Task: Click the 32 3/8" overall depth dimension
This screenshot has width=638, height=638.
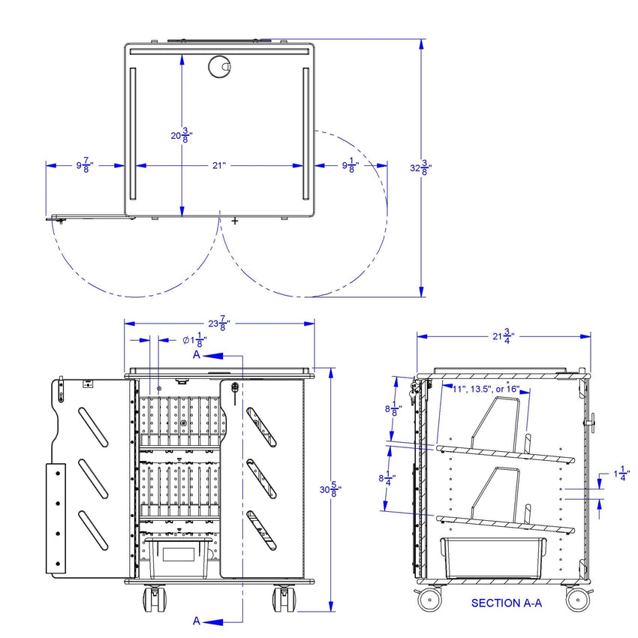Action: point(421,167)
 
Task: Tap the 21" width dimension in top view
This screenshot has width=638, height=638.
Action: point(218,166)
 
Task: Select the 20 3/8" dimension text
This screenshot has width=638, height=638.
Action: point(182,135)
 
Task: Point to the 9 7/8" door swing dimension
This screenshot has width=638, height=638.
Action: point(85,166)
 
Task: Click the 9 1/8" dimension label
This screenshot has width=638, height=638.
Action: point(351,166)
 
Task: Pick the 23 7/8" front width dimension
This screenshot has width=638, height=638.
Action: point(219,324)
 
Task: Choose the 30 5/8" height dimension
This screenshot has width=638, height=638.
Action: point(330,489)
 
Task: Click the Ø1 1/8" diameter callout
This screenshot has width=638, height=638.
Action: point(195,340)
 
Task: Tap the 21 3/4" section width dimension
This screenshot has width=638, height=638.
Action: point(504,336)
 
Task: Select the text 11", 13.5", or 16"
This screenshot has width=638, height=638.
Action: point(486,389)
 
